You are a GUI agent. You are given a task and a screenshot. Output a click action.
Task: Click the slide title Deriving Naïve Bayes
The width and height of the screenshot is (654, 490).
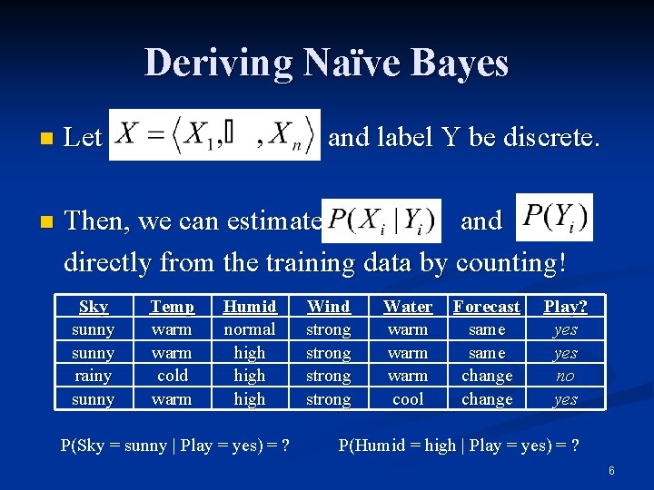pyautogui.click(x=326, y=63)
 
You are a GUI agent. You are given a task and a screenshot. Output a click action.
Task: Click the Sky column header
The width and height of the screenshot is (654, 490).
pyautogui.click(x=93, y=307)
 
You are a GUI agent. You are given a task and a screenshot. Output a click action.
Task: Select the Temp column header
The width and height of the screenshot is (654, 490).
pyautogui.click(x=172, y=307)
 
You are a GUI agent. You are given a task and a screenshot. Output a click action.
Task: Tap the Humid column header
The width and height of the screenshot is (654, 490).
pyautogui.click(x=250, y=307)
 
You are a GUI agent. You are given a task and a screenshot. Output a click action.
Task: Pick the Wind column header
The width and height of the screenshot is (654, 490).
pyautogui.click(x=329, y=307)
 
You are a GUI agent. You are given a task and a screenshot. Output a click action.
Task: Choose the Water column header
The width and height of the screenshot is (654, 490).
pyautogui.click(x=408, y=307)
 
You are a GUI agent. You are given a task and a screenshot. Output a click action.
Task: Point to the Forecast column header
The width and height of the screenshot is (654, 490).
pyautogui.click(x=487, y=307)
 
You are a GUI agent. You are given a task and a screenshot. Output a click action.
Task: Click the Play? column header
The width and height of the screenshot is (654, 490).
pyautogui.click(x=565, y=307)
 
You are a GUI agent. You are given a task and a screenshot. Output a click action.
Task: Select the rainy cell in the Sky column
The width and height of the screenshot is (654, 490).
pyautogui.click(x=93, y=376)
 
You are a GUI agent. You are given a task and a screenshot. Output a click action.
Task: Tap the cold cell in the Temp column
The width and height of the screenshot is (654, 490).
pyautogui.click(x=172, y=376)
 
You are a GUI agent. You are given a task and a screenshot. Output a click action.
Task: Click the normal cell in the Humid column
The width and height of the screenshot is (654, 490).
pyautogui.click(x=250, y=329)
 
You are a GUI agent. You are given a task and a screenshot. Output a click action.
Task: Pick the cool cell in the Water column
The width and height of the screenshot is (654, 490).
pyautogui.click(x=408, y=399)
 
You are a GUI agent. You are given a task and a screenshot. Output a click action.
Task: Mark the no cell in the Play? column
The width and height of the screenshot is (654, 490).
pyautogui.click(x=565, y=376)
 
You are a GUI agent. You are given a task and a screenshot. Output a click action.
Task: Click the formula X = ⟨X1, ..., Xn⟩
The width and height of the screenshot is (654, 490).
pyautogui.click(x=214, y=135)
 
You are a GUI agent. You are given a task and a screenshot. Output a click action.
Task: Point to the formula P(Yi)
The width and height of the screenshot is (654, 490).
pyautogui.click(x=553, y=217)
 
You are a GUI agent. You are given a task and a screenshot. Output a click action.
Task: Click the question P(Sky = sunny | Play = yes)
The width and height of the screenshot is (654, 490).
pyautogui.click(x=174, y=445)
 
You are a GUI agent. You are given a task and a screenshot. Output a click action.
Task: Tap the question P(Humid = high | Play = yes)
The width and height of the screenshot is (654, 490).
pyautogui.click(x=459, y=445)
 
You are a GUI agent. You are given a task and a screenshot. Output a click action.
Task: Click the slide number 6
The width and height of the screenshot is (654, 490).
pyautogui.click(x=611, y=471)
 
